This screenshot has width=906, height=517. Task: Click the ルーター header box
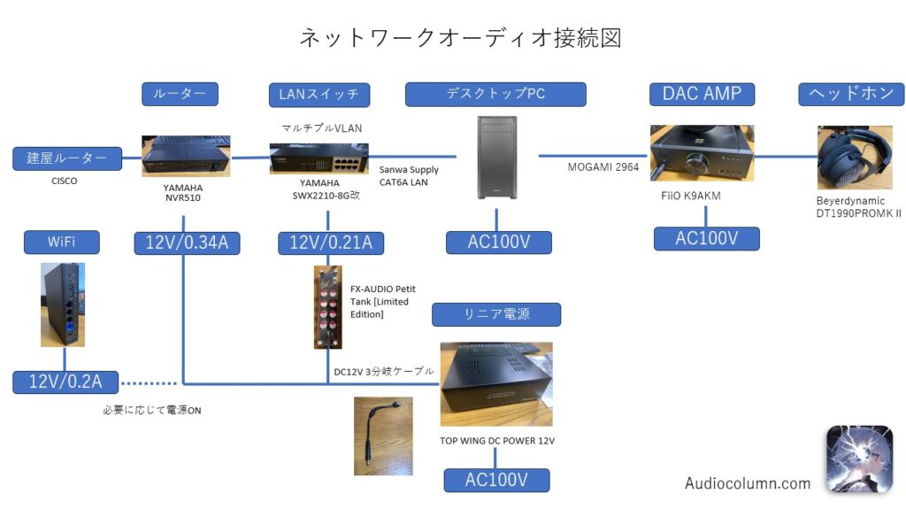point(180,94)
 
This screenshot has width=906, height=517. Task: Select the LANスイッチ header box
point(319,94)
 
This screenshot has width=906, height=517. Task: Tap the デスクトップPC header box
point(495,94)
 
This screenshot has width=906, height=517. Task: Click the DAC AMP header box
point(702,94)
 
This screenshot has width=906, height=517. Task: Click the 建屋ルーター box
point(67,159)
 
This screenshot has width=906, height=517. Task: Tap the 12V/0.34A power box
point(187,243)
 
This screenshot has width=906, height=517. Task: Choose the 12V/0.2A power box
point(65,382)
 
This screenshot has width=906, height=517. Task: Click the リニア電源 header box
point(496,313)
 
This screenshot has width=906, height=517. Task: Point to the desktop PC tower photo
point(495,160)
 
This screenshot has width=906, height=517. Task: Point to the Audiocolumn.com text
point(748,483)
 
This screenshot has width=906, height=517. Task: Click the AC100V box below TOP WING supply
point(496,480)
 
